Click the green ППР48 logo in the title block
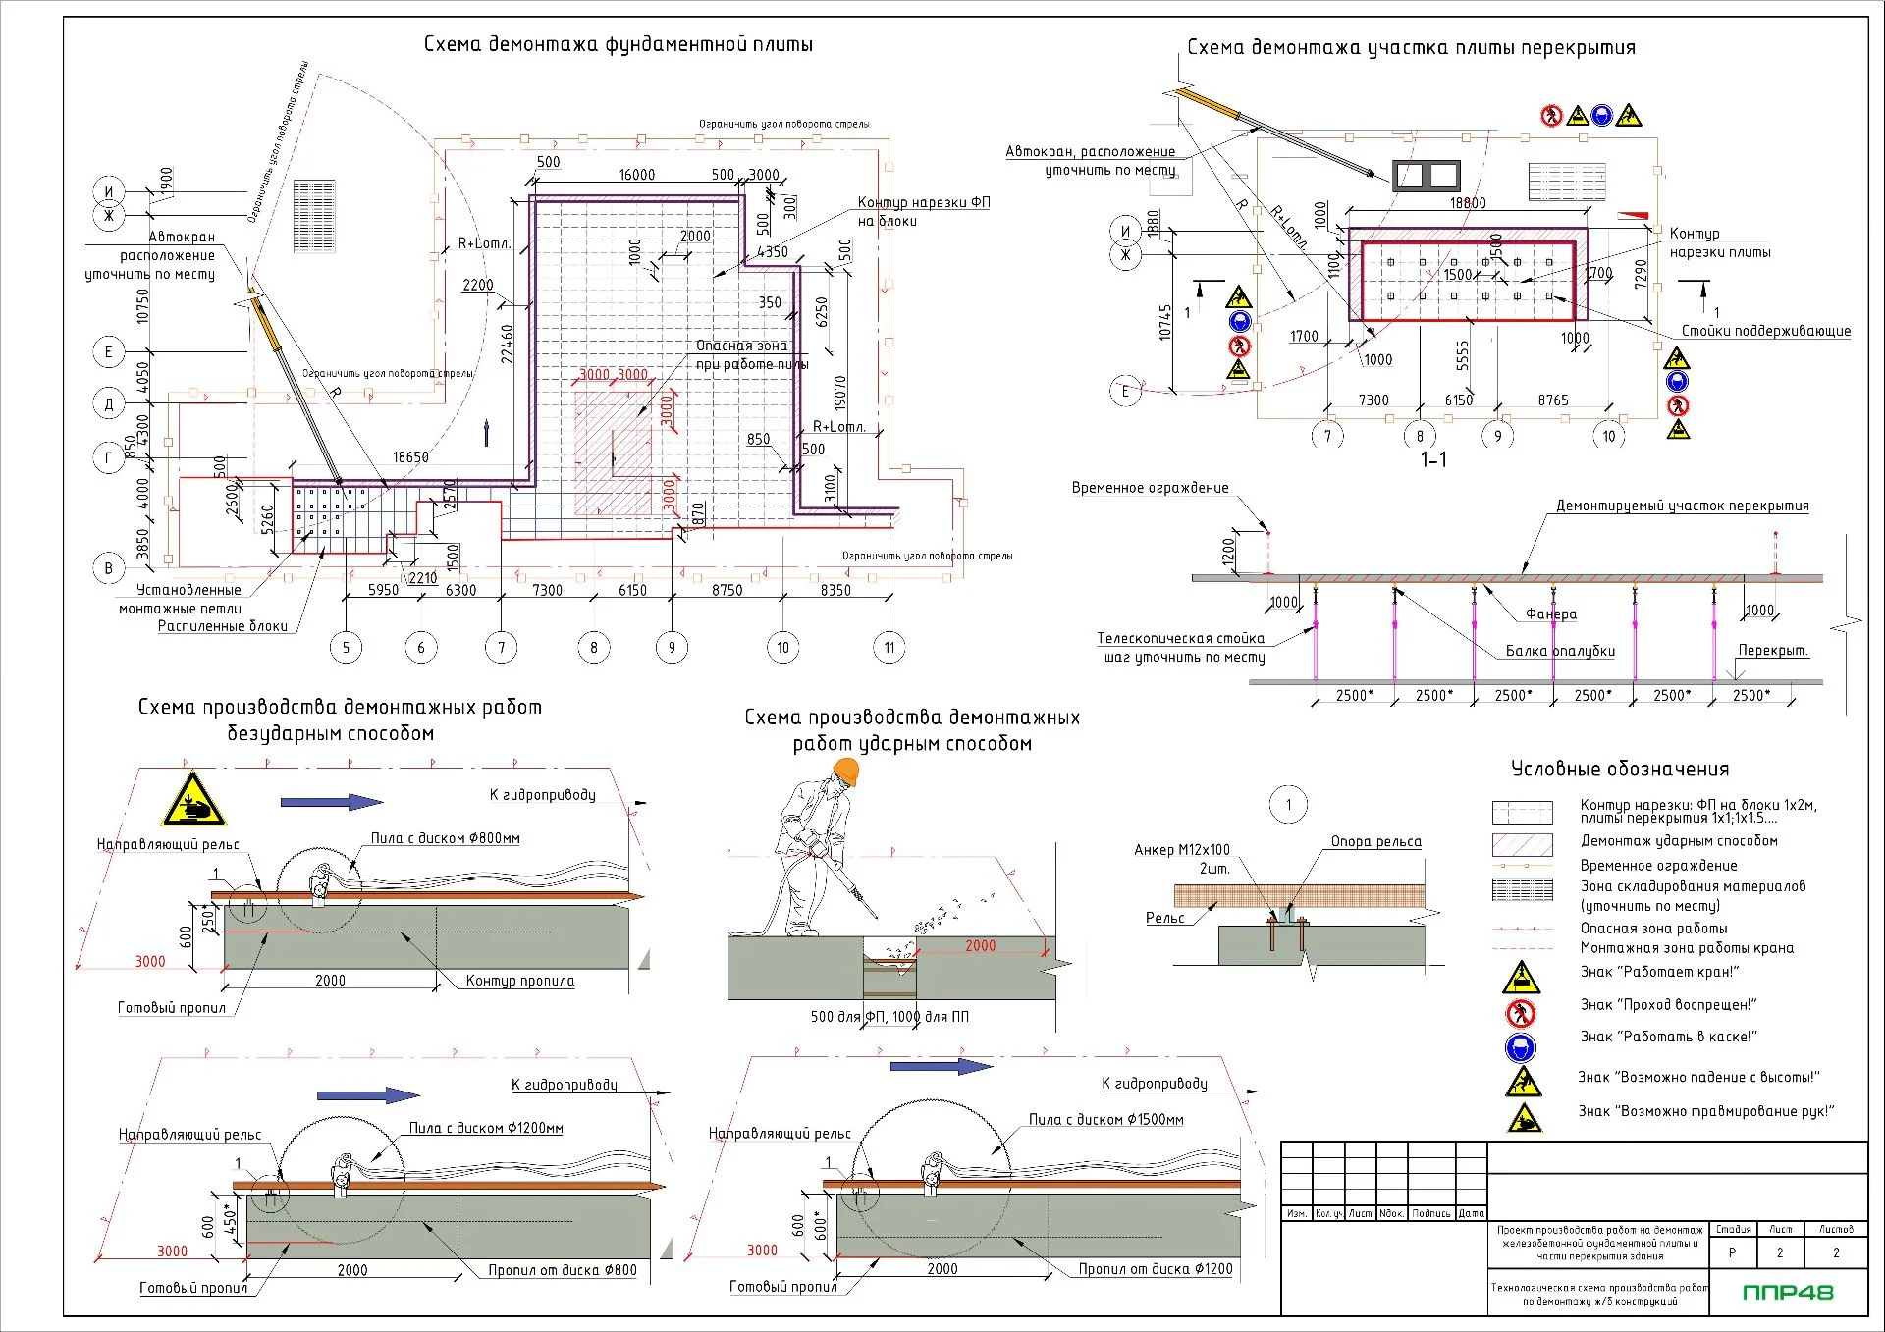click(1787, 1292)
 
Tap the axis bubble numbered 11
click(889, 648)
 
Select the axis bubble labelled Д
click(108, 403)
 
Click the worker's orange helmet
click(844, 772)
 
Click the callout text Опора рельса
click(1375, 841)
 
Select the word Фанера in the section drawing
click(1551, 614)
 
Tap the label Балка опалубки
click(1560, 651)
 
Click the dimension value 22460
click(508, 345)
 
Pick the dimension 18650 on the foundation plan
click(410, 457)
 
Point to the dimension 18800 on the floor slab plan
click(1468, 203)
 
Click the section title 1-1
click(1433, 459)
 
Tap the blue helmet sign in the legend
click(1521, 1047)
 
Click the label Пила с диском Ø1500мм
click(1105, 1119)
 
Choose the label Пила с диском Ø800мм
click(445, 838)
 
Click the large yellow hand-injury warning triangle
click(193, 800)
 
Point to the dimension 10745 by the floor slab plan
click(1165, 322)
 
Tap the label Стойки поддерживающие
click(1765, 331)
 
